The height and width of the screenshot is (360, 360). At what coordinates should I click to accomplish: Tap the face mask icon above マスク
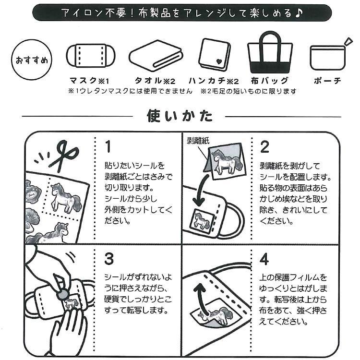[x=91, y=57]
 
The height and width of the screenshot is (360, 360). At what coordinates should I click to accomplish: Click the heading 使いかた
[x=179, y=117]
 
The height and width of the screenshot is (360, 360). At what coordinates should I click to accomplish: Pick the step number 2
[x=264, y=145]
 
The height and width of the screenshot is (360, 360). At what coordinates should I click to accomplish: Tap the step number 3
[x=109, y=258]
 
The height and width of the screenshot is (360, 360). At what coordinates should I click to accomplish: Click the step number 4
[x=264, y=259]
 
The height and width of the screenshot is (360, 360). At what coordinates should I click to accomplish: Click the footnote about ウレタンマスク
[x=130, y=90]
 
